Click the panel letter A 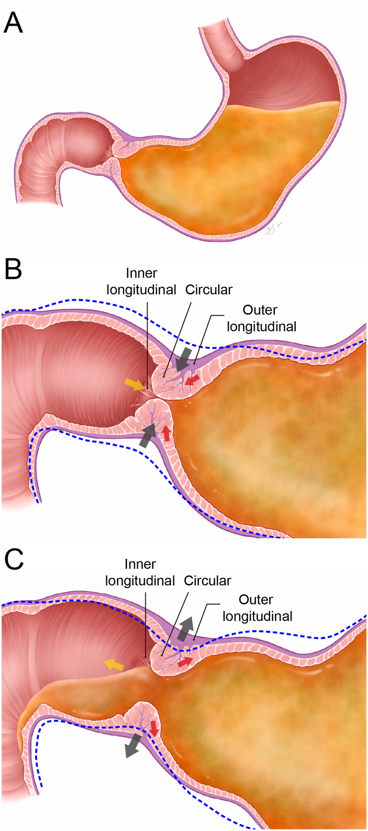pos(13,23)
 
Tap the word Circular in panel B pos(208,290)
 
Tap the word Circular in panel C pos(207,581)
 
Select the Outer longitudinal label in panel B pos(261,318)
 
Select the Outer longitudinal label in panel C pos(257,608)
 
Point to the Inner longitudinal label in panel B pos(141,282)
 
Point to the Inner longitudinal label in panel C pos(140,573)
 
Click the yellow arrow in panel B pos(134,384)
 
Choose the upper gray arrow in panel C pos(185,628)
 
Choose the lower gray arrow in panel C pos(133,745)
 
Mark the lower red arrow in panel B pos(166,433)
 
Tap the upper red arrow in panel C pos(185,662)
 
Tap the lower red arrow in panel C pos(154,728)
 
